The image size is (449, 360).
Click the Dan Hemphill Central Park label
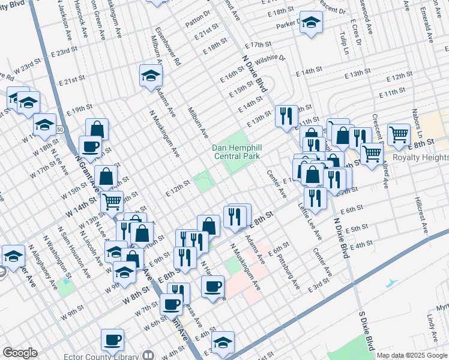point(237,152)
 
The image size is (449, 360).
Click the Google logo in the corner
point(20,353)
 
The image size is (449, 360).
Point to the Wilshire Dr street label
point(270,59)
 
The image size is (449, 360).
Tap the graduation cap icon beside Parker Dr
point(310,23)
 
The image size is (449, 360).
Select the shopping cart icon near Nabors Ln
point(399,134)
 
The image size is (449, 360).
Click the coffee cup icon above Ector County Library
point(112,341)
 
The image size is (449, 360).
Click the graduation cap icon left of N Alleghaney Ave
point(13,256)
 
